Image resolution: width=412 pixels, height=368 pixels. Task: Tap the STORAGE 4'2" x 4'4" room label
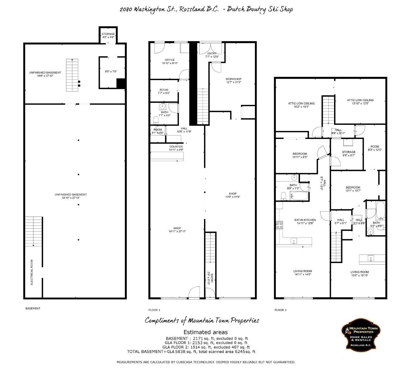(x=108, y=35)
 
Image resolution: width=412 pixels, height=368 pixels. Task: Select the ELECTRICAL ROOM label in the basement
(x=32, y=272)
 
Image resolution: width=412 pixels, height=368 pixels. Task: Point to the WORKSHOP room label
(x=233, y=80)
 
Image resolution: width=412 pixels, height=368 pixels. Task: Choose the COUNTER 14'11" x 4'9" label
(x=176, y=148)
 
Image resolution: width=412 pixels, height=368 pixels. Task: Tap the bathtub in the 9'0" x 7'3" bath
(x=299, y=196)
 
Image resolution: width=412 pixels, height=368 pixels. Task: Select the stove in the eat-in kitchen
(x=279, y=225)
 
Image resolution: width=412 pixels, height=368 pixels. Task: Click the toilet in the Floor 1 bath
(x=156, y=120)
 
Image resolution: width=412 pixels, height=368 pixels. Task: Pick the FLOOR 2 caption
(x=280, y=310)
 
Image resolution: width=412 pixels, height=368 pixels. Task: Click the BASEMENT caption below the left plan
(x=33, y=308)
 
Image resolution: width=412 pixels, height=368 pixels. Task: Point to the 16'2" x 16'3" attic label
(x=301, y=105)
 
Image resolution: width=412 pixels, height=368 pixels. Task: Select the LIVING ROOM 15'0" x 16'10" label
(x=360, y=274)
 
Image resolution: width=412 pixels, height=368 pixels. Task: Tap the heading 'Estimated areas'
(x=205, y=332)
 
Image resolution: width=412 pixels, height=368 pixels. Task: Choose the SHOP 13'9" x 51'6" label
(x=232, y=195)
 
